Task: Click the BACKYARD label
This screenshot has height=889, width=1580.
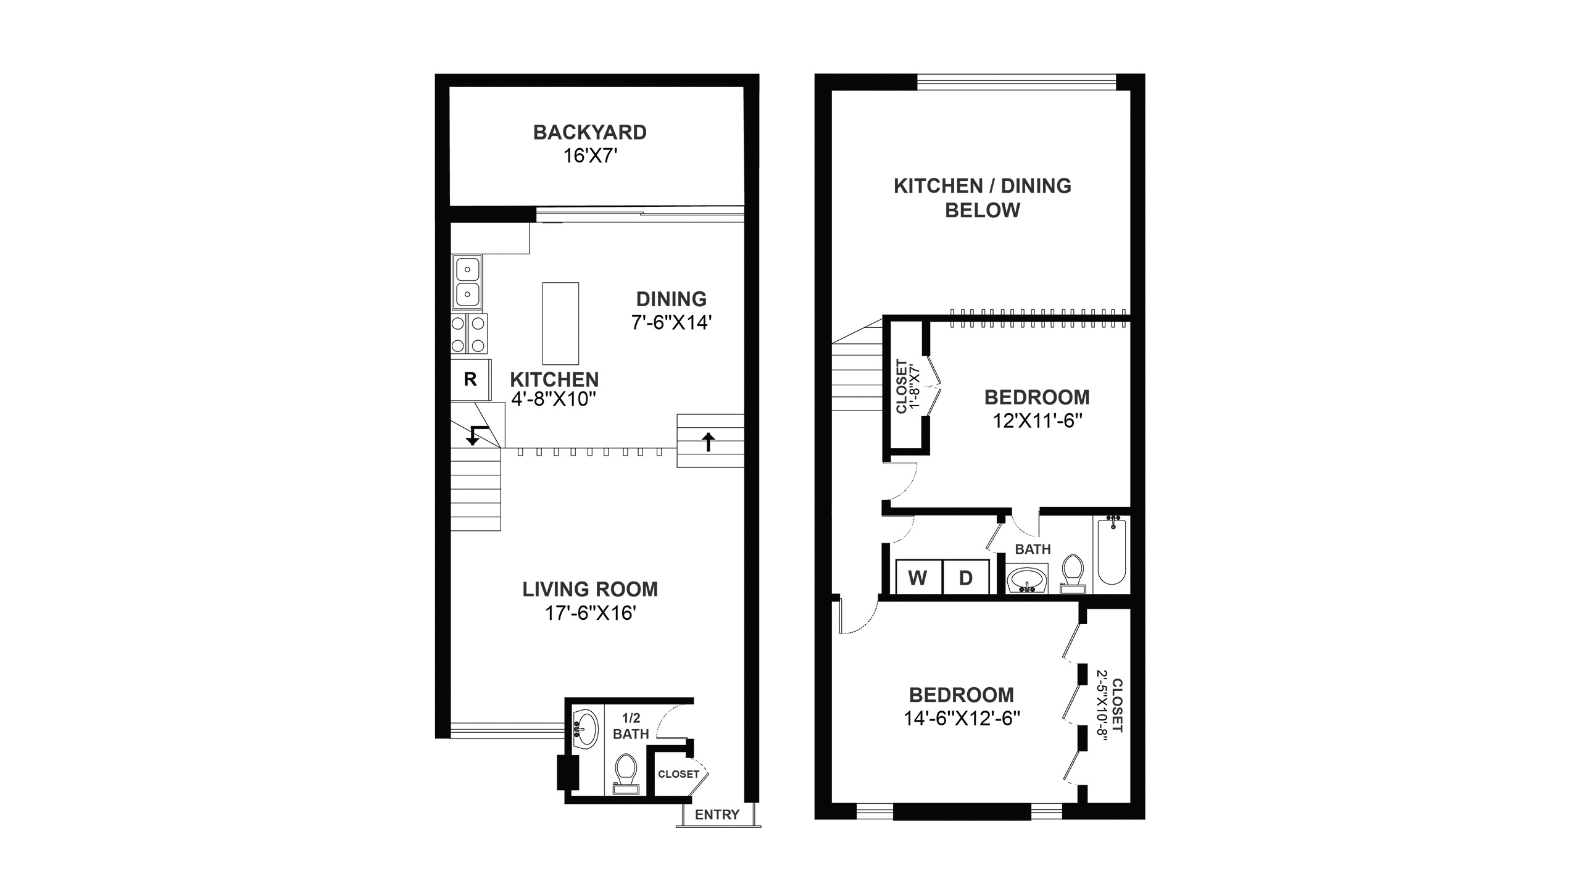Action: pos(590,132)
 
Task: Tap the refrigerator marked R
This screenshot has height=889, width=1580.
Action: pos(471,379)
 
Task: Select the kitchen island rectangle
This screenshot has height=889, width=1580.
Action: pos(560,323)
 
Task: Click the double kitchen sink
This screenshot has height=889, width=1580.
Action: pos(468,283)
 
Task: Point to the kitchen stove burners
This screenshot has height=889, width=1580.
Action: pos(469,333)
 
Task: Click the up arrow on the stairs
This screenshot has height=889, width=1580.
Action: pos(709,441)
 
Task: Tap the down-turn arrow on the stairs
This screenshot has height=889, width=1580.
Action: pos(475,435)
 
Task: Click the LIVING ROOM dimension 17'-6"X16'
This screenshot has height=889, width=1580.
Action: pos(590,613)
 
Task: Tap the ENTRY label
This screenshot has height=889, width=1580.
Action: pos(717,815)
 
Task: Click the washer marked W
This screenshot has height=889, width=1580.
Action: pos(918,577)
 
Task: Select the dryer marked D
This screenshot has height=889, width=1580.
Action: pos(966,577)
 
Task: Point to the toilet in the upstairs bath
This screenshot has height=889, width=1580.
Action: pos(1073,574)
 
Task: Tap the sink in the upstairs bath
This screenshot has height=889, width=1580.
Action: pos(1026,580)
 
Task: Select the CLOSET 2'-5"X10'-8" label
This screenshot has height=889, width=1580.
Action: pos(1109,706)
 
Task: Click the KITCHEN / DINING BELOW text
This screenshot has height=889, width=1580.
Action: pos(983,198)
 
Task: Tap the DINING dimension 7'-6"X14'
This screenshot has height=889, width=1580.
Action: pos(671,322)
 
